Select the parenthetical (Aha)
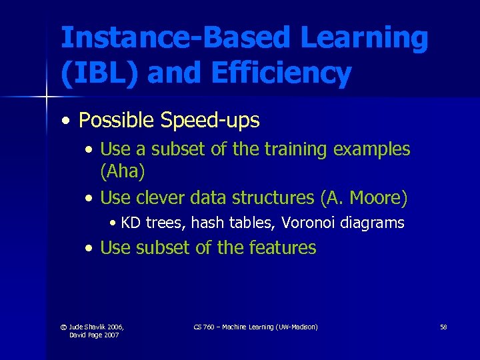122,171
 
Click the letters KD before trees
131,223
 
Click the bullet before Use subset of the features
89,249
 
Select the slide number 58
443,327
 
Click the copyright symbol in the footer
63,327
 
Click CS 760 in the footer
203,327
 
